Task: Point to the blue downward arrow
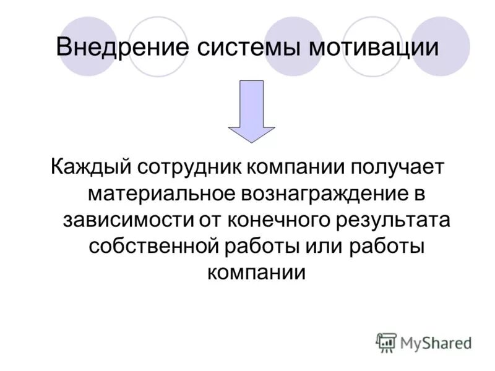click(251, 111)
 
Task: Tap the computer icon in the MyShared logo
click(386, 342)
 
